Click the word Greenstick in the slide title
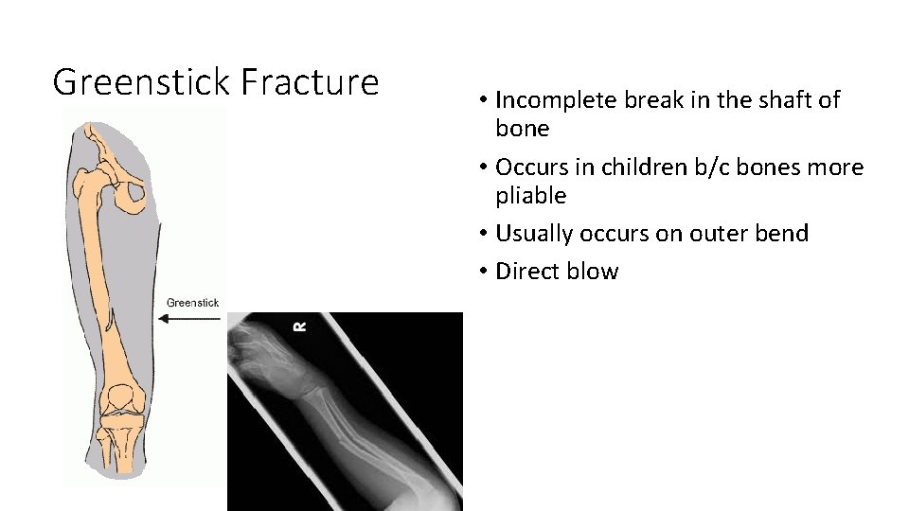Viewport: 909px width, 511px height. click(x=142, y=82)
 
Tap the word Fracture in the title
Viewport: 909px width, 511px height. click(x=310, y=82)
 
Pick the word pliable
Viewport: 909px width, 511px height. click(x=531, y=197)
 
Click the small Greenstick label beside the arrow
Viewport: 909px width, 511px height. click(x=192, y=303)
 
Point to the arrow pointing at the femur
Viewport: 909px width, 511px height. click(x=188, y=319)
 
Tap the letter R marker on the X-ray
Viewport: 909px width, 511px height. click(x=300, y=326)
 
